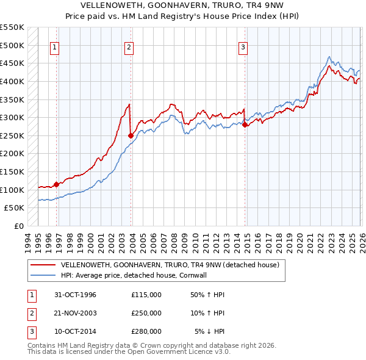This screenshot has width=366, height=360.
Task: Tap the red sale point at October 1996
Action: pyautogui.click(x=57, y=184)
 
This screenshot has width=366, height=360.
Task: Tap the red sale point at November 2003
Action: pyautogui.click(x=131, y=135)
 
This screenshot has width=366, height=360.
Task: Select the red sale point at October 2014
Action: pyautogui.click(x=245, y=124)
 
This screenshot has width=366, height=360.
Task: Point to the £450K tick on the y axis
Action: pyautogui.click(x=12, y=63)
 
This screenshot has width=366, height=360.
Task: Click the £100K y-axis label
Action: pyautogui.click(x=12, y=190)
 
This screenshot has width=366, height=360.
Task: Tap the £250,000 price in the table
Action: pyautogui.click(x=146, y=313)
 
